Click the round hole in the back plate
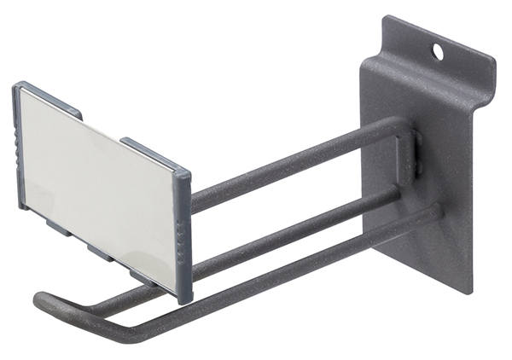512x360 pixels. click(438, 52)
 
